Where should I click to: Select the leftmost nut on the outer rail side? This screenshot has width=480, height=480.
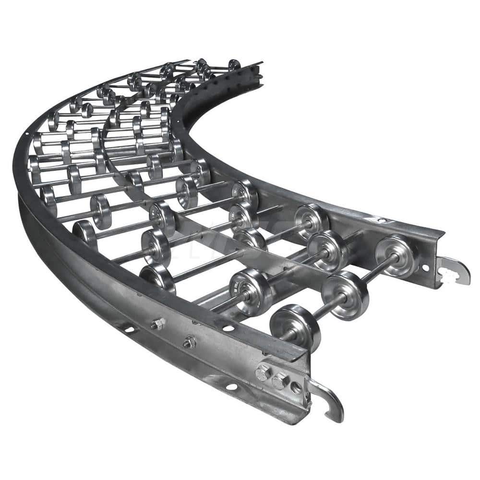[x=157, y=324]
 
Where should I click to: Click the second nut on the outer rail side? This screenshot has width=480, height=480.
[x=190, y=342]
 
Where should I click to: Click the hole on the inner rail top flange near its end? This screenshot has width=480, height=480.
[x=383, y=220]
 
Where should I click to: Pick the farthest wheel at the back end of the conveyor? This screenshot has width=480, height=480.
[x=234, y=64]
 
